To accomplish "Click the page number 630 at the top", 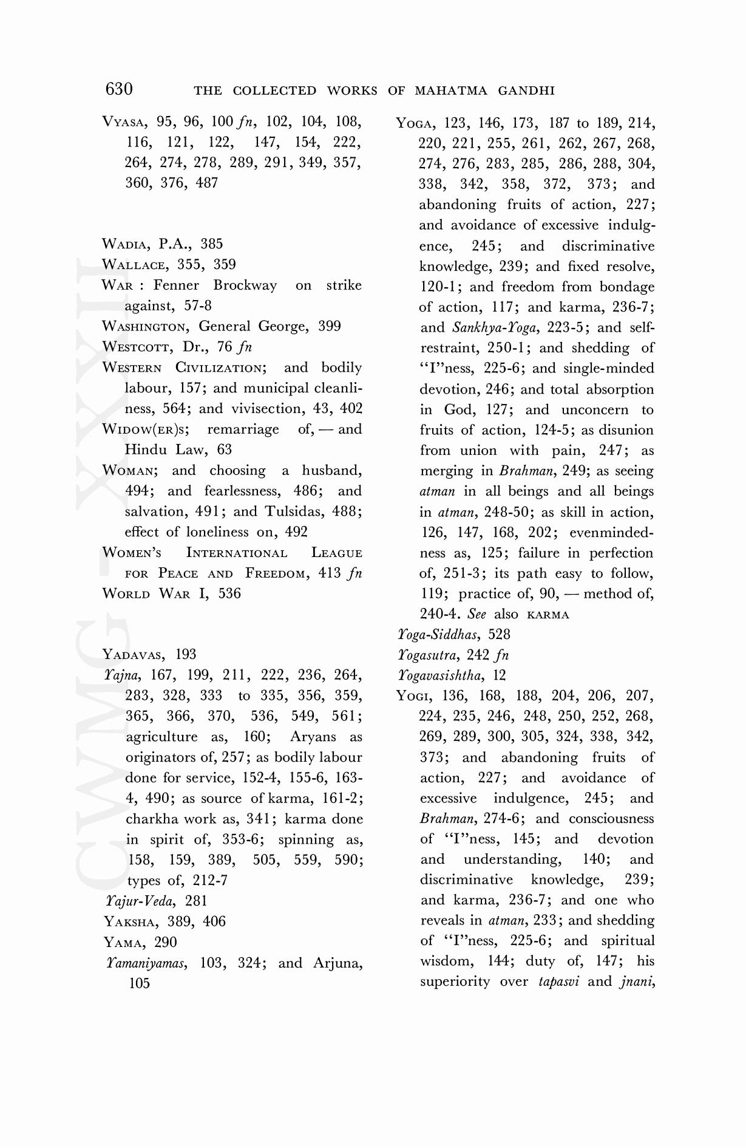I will coord(119,89).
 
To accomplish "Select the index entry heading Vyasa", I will coord(124,122).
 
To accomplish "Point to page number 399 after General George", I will coord(330,326).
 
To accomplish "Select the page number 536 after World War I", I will coord(229,593).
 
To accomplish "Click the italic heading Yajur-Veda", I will coord(141,901).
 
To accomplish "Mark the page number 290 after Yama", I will coord(166,942).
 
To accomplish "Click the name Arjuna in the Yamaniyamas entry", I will coord(337,963).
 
